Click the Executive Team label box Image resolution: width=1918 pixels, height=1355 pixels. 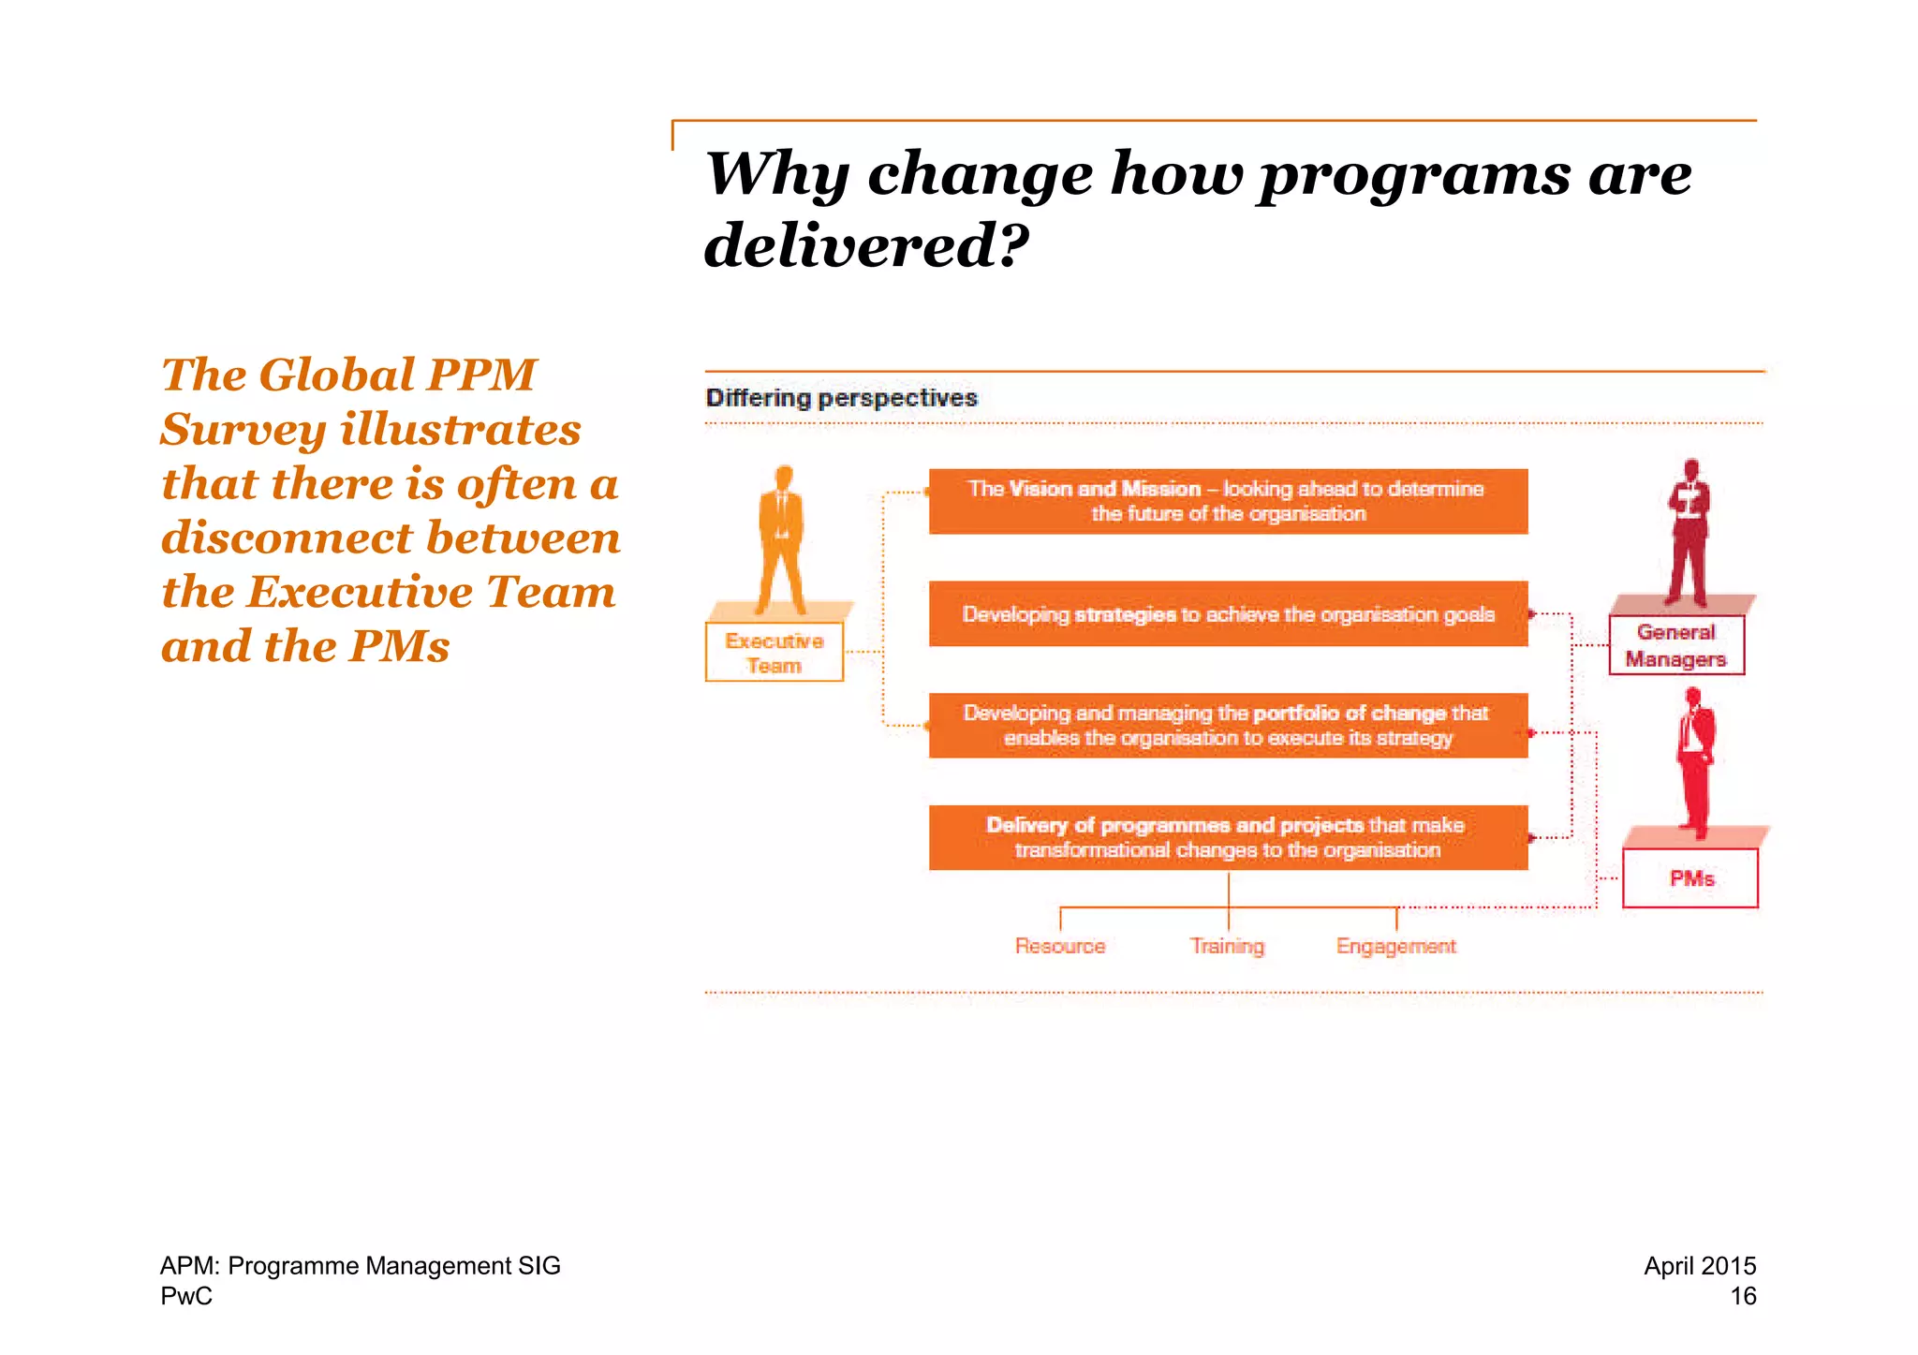click(x=774, y=653)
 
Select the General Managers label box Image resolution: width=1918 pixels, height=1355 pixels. click(x=1675, y=645)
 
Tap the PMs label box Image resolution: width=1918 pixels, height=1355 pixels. click(x=1690, y=878)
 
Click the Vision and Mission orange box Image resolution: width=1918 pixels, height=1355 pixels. click(x=1228, y=501)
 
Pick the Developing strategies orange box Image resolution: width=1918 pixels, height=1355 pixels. click(x=1228, y=614)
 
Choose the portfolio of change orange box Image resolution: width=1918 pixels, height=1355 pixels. click(x=1228, y=726)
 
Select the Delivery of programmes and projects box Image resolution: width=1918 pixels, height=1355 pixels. click(x=1228, y=837)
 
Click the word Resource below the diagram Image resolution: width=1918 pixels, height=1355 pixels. click(x=1060, y=946)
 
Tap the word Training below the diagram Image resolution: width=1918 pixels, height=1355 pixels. click(x=1227, y=946)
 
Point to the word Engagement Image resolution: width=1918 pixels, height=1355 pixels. click(x=1395, y=946)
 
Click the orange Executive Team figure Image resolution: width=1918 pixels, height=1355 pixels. click(x=782, y=538)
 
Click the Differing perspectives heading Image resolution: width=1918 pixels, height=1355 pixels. click(x=841, y=398)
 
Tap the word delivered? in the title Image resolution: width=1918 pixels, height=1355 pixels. click(x=865, y=245)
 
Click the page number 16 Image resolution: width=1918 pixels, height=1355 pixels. click(x=1743, y=1296)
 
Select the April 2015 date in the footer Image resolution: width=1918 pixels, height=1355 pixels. click(x=1700, y=1266)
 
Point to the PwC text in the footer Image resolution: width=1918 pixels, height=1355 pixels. click(x=186, y=1296)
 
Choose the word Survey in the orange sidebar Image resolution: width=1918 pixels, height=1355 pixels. click(x=243, y=430)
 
